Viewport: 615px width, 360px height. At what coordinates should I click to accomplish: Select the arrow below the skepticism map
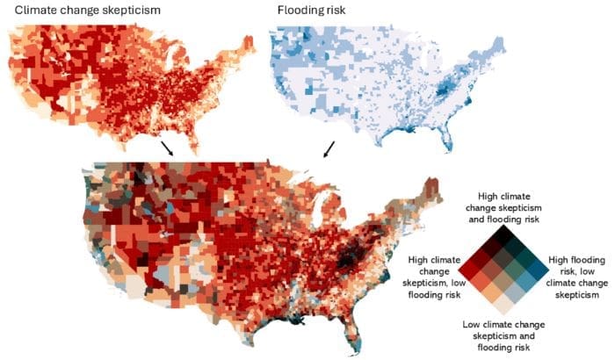(x=167, y=148)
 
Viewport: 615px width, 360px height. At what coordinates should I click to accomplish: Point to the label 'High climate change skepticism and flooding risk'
(x=503, y=209)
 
